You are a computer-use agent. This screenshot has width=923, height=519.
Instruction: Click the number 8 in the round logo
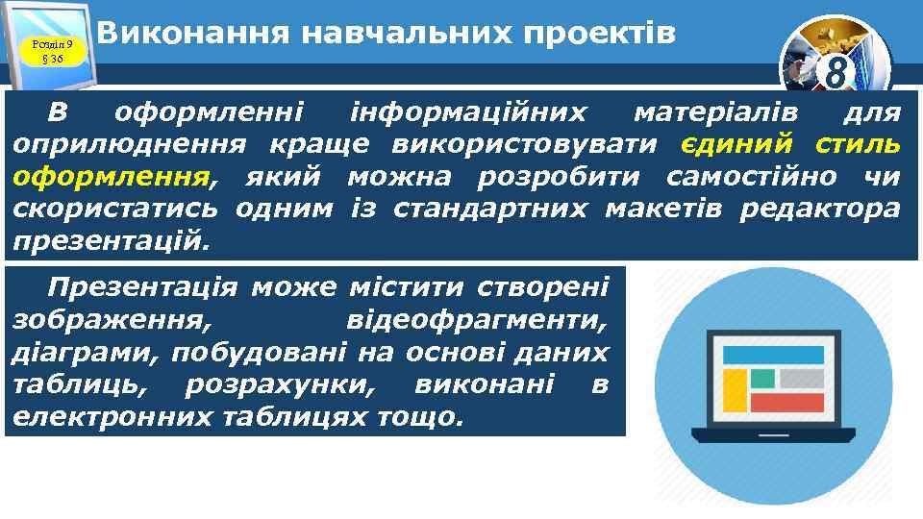click(x=835, y=72)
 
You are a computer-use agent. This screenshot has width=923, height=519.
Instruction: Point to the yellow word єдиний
click(x=737, y=145)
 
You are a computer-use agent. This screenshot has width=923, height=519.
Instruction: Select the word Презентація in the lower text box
click(x=142, y=287)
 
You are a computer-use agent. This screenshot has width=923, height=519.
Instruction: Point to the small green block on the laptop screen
click(x=762, y=378)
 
